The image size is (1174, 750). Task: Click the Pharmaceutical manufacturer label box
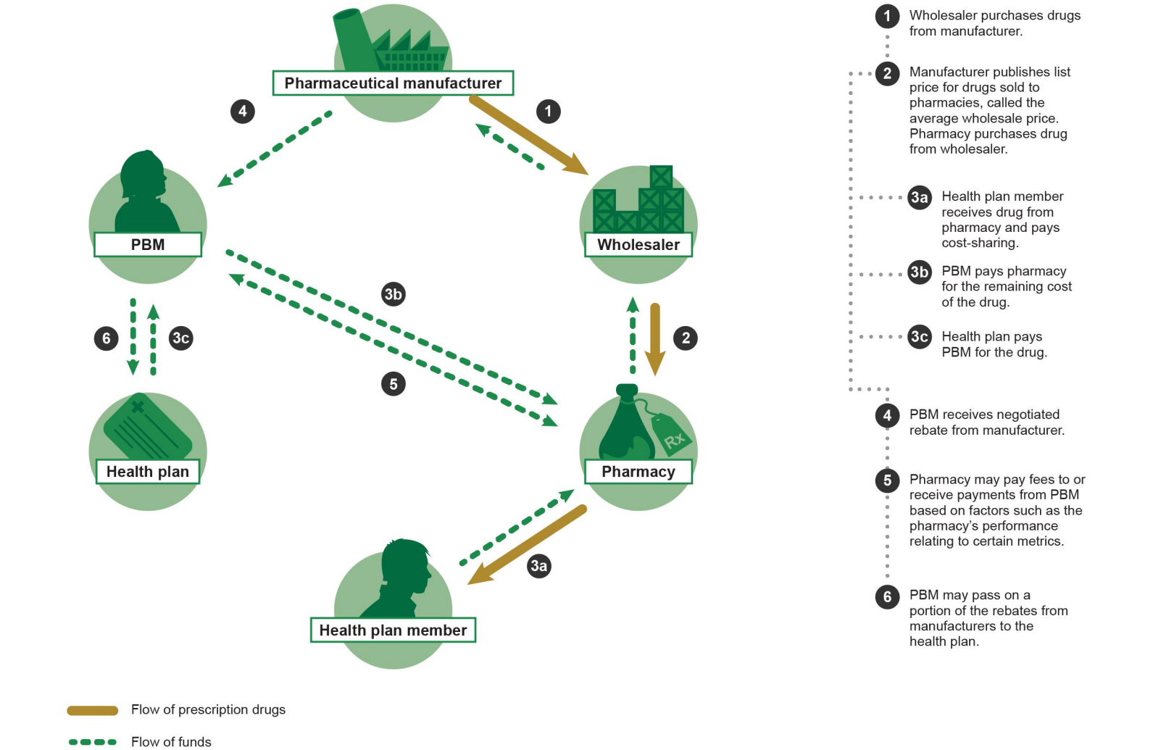pyautogui.click(x=393, y=83)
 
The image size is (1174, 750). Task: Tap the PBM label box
pyautogui.click(x=148, y=245)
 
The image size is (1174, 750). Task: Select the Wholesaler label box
pyautogui.click(x=638, y=245)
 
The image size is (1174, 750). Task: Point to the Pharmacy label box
pyautogui.click(x=638, y=472)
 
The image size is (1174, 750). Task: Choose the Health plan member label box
pyautogui.click(x=393, y=630)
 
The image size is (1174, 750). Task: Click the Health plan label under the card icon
pyautogui.click(x=148, y=472)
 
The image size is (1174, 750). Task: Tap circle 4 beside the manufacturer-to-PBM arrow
pyautogui.click(x=243, y=112)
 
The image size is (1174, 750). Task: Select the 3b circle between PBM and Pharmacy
pyautogui.click(x=394, y=294)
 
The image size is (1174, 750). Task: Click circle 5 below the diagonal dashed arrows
pyautogui.click(x=394, y=384)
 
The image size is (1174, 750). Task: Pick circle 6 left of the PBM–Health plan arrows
pyautogui.click(x=107, y=338)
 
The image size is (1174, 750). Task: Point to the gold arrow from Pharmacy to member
pyautogui.click(x=528, y=545)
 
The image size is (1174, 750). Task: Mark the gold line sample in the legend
pyautogui.click(x=93, y=711)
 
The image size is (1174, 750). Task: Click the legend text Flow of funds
pyautogui.click(x=171, y=741)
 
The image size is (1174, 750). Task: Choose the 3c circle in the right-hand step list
pyautogui.click(x=920, y=337)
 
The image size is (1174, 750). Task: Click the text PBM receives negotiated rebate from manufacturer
pyautogui.click(x=986, y=422)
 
